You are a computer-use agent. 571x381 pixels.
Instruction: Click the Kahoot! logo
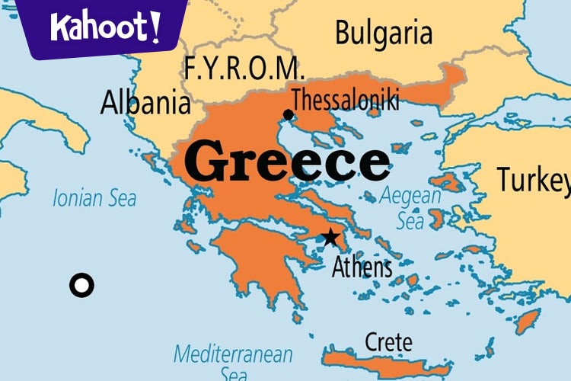click(x=105, y=27)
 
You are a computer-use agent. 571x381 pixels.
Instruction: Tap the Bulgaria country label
click(x=383, y=34)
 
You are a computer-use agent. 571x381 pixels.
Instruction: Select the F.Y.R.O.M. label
click(x=244, y=69)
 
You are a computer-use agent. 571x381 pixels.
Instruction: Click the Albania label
click(x=145, y=102)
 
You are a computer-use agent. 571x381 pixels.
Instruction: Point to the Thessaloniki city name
click(x=345, y=99)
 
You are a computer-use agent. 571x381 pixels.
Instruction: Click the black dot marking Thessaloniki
click(x=288, y=115)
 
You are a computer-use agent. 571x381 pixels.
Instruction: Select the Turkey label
click(x=533, y=180)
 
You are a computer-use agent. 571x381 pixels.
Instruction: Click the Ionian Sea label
click(x=94, y=199)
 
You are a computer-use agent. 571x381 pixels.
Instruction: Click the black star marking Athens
click(x=330, y=237)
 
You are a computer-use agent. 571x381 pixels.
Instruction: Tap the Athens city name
click(x=362, y=267)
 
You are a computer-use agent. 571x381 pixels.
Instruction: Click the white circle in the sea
click(x=81, y=286)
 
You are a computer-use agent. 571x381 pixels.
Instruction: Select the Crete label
click(x=388, y=341)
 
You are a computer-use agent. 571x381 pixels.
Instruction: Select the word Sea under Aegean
click(x=410, y=221)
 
